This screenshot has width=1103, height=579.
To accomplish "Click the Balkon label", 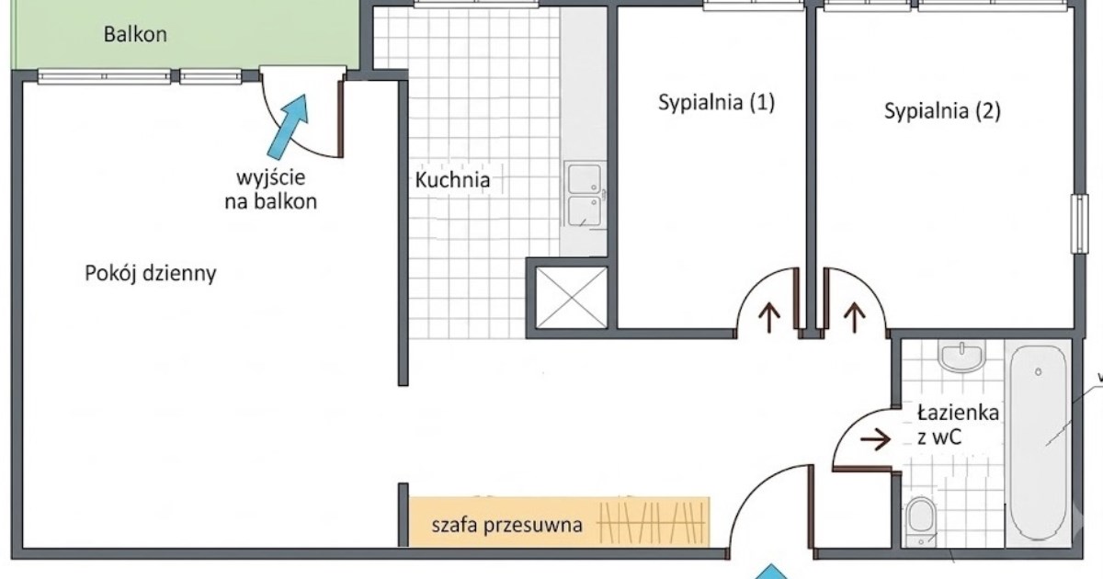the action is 135,35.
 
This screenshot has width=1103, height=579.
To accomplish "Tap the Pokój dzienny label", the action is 151,273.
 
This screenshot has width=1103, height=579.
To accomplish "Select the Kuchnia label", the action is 452,180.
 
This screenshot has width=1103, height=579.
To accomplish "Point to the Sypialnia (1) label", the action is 716,102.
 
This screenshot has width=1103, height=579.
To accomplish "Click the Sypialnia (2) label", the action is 942,111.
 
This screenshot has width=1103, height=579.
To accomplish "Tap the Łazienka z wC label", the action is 958,425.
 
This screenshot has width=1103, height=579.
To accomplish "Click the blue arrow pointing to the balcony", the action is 289,126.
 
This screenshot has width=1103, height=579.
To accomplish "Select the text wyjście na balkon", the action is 271,189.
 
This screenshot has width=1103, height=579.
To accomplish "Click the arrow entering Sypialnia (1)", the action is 769,318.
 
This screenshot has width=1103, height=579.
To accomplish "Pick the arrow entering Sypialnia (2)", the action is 854,318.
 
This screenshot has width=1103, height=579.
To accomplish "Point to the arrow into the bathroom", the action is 875,438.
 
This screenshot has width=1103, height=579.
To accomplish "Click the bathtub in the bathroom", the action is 1038,443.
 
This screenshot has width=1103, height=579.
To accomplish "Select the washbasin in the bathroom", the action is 961,356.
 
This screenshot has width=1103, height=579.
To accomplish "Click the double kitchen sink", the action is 585,195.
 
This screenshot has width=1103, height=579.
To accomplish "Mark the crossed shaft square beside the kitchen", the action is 571,298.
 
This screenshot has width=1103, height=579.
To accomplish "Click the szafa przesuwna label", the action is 507,526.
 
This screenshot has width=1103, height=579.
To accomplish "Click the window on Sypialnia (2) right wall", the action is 1080,224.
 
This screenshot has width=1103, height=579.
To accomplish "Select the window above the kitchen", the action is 476,4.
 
